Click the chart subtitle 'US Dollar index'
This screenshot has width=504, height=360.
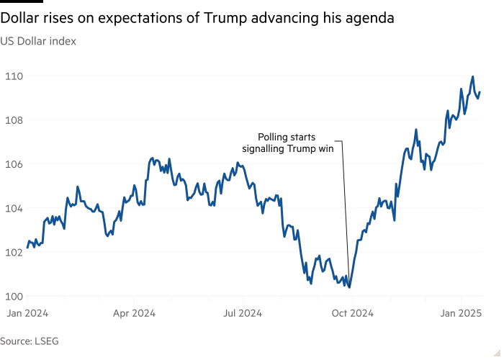pos(38,41)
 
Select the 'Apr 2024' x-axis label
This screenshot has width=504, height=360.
pos(135,313)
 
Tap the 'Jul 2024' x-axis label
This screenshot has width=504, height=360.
pos(243,313)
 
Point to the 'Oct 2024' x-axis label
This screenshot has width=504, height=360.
pos(352,313)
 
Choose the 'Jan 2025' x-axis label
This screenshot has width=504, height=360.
pos(461,313)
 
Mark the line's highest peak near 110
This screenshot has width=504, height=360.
pos(472,76)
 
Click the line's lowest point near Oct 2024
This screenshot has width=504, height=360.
pos(350,289)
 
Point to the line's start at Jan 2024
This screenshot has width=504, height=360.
pos(27,248)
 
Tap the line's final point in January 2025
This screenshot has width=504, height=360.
pos(481,93)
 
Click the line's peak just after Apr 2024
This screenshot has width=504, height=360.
pos(151,158)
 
